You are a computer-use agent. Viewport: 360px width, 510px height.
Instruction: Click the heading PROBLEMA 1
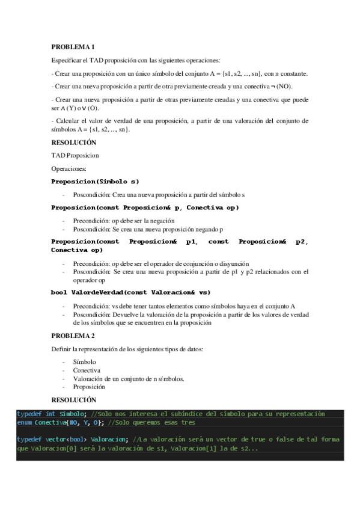point(73,46)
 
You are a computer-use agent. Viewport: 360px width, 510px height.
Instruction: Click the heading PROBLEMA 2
point(73,336)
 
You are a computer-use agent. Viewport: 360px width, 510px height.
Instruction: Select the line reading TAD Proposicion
point(75,155)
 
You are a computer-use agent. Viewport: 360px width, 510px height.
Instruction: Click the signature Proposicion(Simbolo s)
point(95,181)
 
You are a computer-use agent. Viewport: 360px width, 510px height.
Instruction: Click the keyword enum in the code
point(24,422)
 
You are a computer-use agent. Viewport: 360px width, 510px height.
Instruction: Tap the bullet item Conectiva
point(87,370)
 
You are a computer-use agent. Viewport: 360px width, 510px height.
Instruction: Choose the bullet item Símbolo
point(84,362)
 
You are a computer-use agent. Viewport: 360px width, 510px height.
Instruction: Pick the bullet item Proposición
point(89,387)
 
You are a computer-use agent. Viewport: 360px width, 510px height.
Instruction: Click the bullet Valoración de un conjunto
point(128,379)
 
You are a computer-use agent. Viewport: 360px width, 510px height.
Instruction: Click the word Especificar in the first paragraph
point(67,60)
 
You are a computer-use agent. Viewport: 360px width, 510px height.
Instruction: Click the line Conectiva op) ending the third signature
point(73,250)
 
